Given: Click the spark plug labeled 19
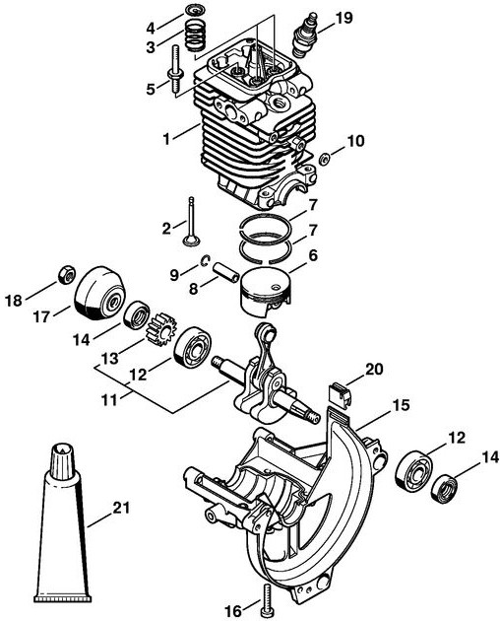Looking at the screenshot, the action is pos(305,34).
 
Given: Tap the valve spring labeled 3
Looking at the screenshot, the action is pos(195,34).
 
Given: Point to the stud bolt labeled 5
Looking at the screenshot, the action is pos(175,71).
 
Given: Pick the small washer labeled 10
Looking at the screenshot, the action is pos(325,160).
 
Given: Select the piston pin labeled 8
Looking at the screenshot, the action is pos(225,272).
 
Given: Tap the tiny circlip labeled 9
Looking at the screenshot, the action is pos(205,260).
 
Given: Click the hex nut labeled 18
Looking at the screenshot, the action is pos(67,274).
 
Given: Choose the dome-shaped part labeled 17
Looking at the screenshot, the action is pos(99,293).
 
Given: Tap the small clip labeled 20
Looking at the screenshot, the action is pos(341,393).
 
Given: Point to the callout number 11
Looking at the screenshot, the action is pos(109,399).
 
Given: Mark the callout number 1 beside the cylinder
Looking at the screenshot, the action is pos(166,139).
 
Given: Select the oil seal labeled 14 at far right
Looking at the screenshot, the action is pos(444,491).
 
